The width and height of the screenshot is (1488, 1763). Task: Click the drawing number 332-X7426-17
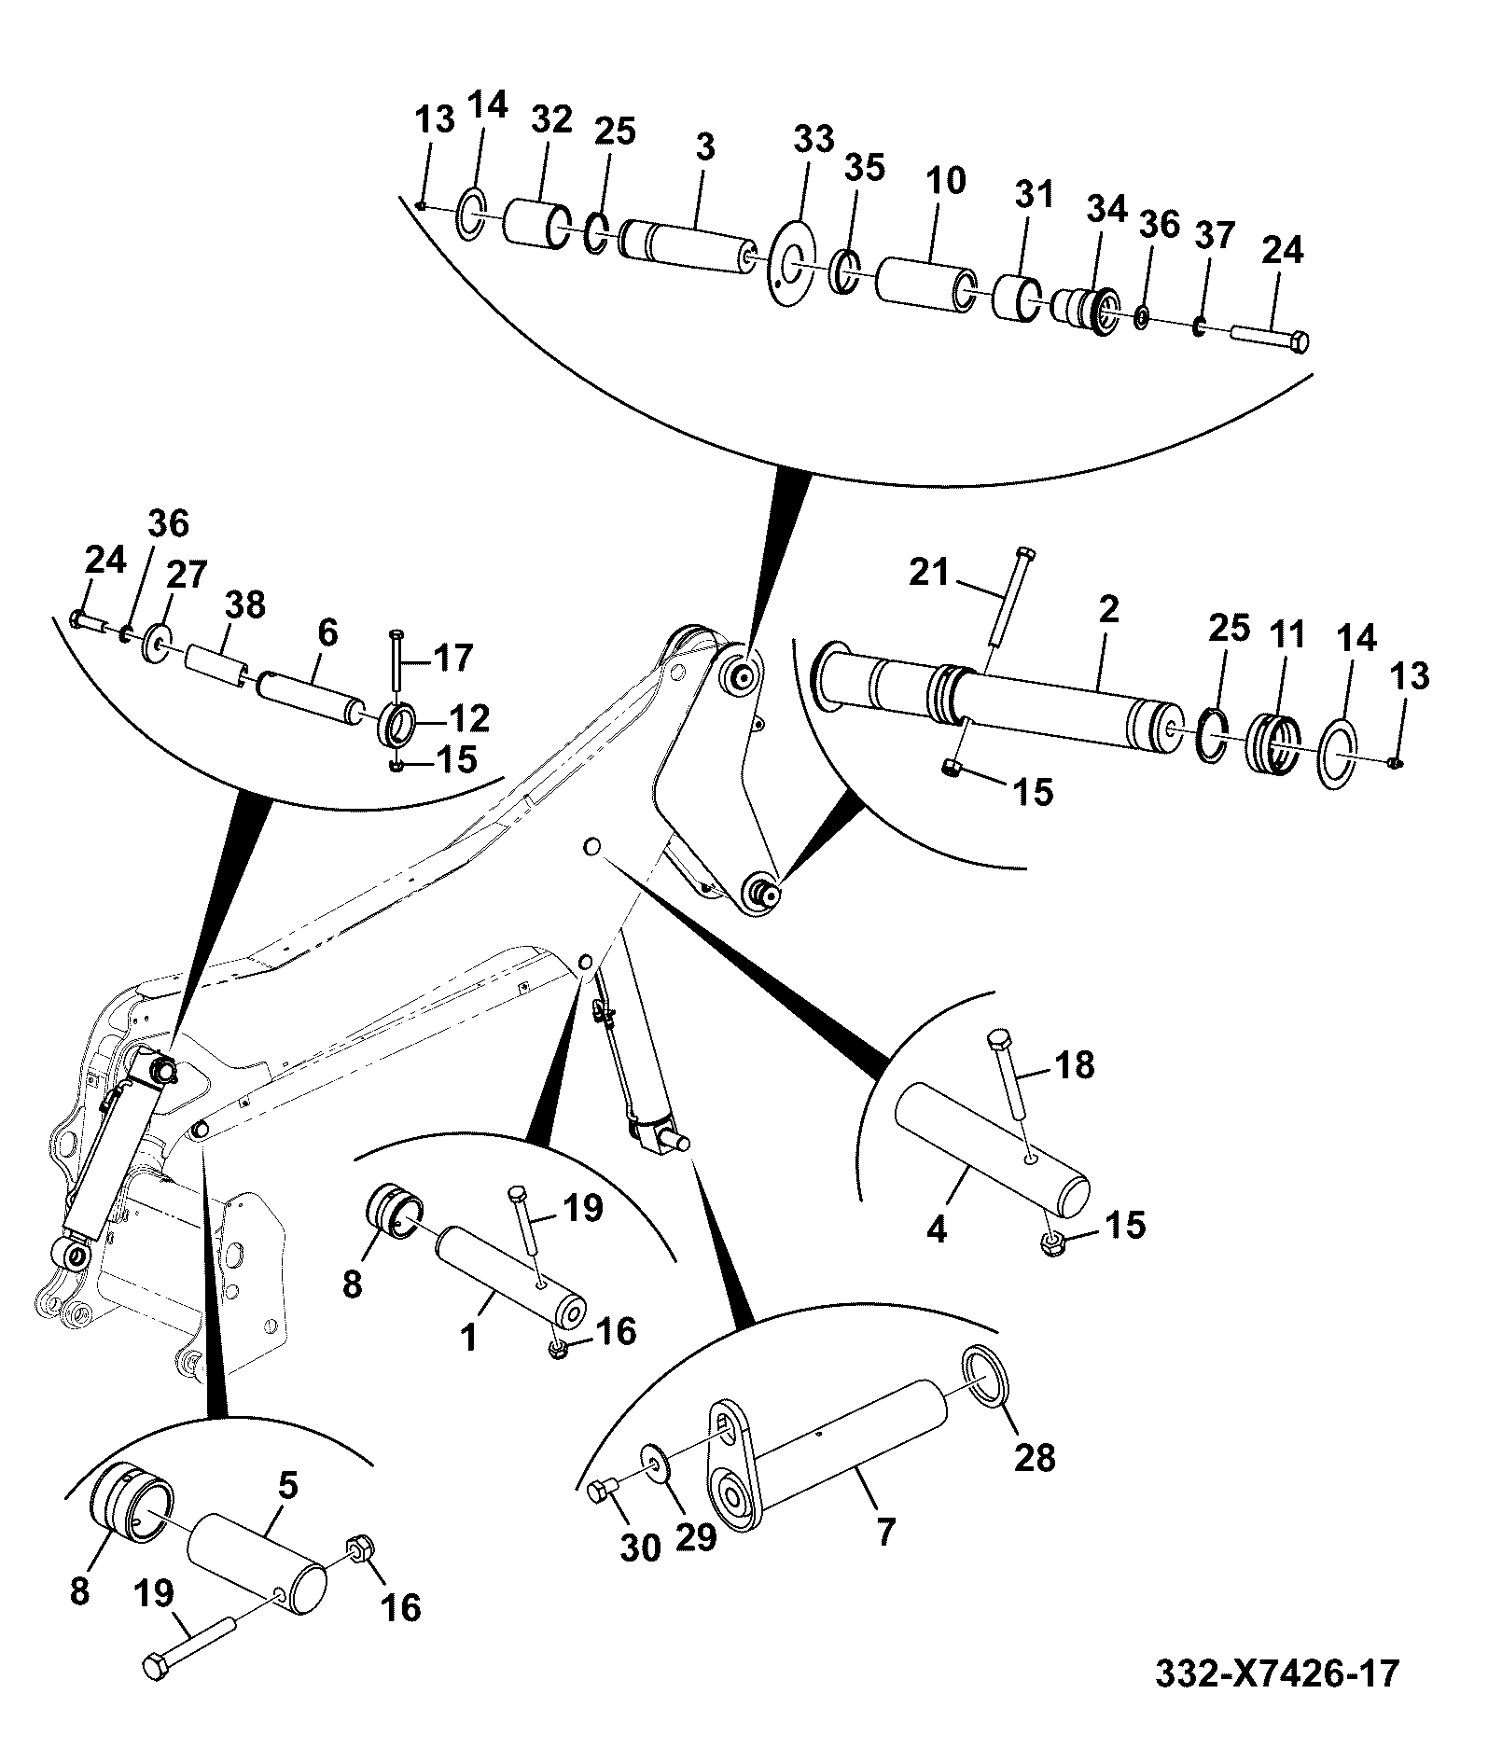point(1277,1673)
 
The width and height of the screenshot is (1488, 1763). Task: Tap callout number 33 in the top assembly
point(814,140)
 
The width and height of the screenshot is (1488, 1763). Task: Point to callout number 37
point(1216,237)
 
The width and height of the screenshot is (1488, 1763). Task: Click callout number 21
point(928,572)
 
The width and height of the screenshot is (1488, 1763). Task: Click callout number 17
point(454,659)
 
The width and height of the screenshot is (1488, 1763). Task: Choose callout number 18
point(1075,1064)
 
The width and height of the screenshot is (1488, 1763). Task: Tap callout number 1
point(469,1340)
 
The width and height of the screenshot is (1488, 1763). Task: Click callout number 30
point(640,1548)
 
